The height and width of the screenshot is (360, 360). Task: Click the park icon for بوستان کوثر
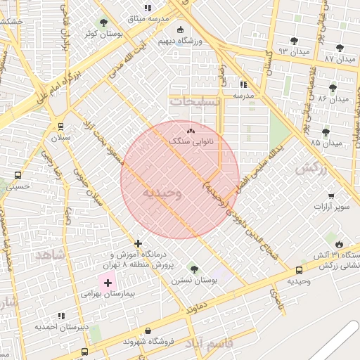click(x=104, y=22)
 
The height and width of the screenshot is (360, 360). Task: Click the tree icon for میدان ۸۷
click(x=340, y=48)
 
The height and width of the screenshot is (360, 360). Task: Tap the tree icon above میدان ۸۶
click(x=333, y=88)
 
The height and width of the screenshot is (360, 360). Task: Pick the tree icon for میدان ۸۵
click(x=326, y=131)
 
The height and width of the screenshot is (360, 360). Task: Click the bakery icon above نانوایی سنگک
click(x=191, y=131)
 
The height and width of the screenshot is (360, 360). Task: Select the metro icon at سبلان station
click(x=61, y=127)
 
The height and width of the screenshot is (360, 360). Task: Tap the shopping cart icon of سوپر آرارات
click(x=331, y=196)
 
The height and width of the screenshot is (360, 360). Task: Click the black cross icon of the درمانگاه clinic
click(x=138, y=243)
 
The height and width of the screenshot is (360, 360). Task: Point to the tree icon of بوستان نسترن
click(x=194, y=269)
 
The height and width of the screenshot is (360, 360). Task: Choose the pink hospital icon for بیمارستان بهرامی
click(x=108, y=282)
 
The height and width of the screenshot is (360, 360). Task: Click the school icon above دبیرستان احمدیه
click(x=61, y=316)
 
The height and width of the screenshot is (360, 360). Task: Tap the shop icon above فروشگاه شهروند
click(x=148, y=330)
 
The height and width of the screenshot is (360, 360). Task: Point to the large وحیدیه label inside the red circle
click(x=162, y=193)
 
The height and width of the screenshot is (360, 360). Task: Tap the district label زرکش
click(x=313, y=169)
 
